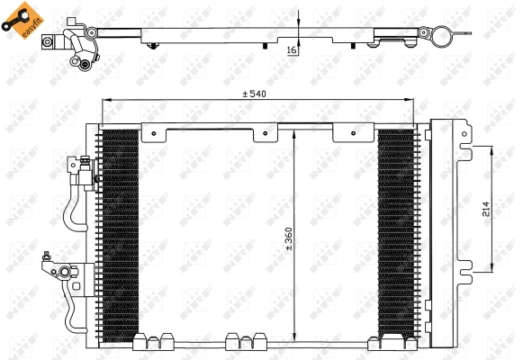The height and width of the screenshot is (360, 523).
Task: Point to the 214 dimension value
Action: (x=485, y=210)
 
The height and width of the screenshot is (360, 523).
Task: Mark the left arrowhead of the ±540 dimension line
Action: (x=105, y=100)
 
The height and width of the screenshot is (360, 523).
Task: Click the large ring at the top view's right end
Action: (x=441, y=37)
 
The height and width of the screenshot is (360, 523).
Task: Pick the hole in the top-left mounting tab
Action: (x=154, y=136)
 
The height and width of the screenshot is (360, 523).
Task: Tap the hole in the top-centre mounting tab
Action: (x=266, y=137)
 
